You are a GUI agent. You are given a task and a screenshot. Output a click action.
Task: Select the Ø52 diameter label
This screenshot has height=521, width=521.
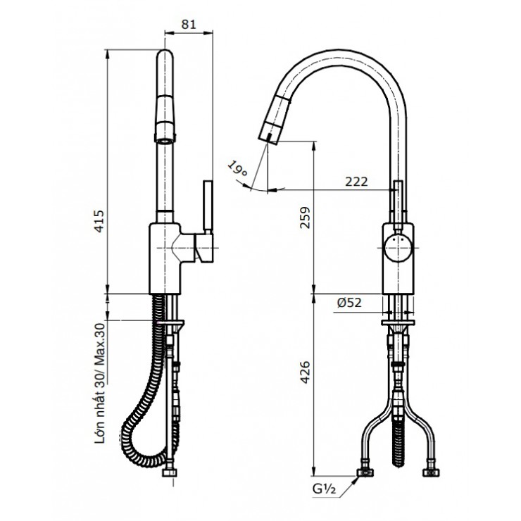click(x=350, y=303)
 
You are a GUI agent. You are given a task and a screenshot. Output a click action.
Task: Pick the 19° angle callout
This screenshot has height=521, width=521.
click(x=238, y=169)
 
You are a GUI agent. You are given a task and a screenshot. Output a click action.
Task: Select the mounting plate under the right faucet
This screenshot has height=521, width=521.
click(x=398, y=323)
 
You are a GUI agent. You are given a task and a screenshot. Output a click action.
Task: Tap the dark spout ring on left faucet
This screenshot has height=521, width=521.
click(x=163, y=130)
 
